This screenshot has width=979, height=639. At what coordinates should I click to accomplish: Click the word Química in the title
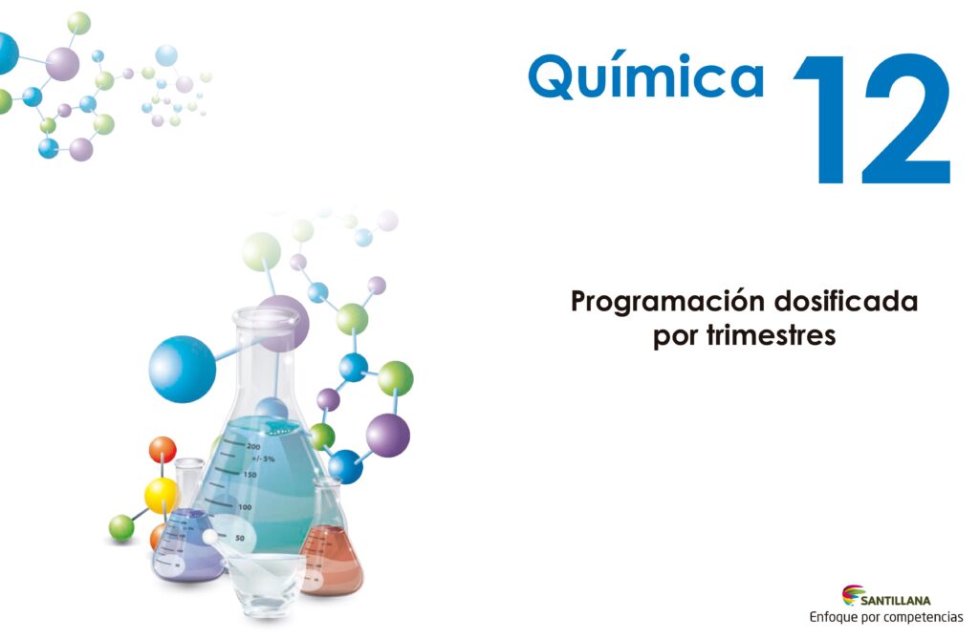pos(646,76)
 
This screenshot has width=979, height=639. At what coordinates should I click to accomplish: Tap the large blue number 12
pos(873,119)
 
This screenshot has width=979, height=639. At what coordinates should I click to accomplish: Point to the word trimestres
pos(771,335)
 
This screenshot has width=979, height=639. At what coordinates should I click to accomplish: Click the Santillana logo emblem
pos(852,595)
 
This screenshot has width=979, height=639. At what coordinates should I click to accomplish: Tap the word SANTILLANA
pos(895,601)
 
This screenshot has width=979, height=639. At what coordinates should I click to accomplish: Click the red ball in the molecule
pos(163,450)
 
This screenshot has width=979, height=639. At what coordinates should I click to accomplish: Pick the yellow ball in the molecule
pos(161,495)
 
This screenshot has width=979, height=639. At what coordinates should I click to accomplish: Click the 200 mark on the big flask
pos(252,446)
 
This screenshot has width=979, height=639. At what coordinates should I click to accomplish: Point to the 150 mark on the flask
pos(250,475)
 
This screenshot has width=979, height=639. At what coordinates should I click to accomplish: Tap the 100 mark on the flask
pos(245,507)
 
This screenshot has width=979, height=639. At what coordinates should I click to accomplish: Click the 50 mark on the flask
pos(240,538)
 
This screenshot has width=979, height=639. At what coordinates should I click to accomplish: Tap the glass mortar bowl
pos(265,583)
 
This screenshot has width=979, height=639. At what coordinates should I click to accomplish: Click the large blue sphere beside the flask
pos(183,370)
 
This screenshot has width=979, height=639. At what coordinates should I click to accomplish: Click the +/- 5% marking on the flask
pos(263,458)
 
